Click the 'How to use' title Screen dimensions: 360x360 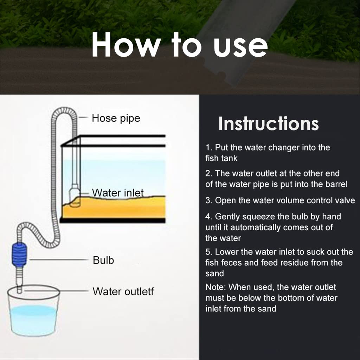coord(180,45)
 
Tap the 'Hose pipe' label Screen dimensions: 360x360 coord(116,118)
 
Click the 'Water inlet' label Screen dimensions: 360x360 coord(118,193)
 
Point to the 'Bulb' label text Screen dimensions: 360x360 coord(103,261)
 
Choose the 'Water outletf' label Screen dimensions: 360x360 coord(123,291)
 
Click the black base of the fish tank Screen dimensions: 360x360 coord(112,220)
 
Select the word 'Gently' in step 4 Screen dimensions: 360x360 coord(229,217)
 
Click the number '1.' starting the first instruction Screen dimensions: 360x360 coord(209,147)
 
